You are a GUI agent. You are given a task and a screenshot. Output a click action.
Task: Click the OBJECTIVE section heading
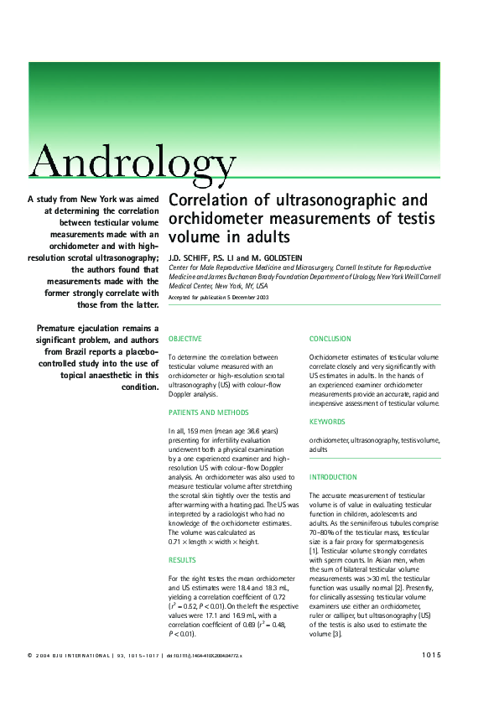[x=185, y=339]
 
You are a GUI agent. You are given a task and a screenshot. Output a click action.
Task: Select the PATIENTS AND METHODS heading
[x=209, y=413]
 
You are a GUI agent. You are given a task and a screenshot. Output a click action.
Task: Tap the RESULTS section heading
[x=182, y=559]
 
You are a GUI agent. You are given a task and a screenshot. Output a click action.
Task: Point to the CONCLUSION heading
[x=330, y=339]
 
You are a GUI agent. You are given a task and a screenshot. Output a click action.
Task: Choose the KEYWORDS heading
[x=327, y=422]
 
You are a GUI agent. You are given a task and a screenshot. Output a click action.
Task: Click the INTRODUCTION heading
[x=333, y=477]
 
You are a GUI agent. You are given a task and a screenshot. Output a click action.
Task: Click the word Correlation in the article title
[x=209, y=201]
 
